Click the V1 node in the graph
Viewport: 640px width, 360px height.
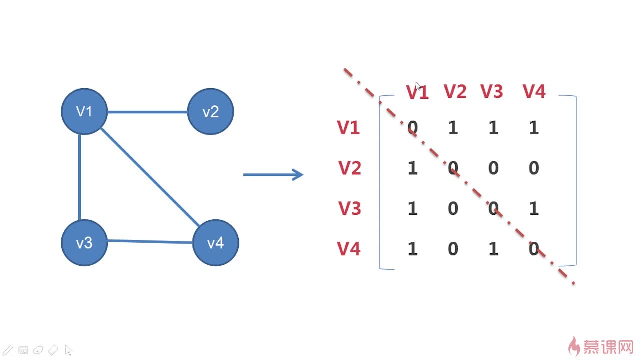[x=84, y=111]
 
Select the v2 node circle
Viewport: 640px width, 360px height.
[x=210, y=111]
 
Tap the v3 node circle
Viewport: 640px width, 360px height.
[x=84, y=243]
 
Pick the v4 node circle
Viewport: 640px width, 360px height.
[x=215, y=243]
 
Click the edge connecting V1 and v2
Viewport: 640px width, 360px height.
[x=147, y=112]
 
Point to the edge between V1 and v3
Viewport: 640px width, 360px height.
[x=80, y=177]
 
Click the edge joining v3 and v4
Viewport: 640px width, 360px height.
[x=150, y=242]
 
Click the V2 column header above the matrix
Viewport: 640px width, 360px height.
[x=455, y=91]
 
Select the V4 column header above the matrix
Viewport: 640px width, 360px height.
[x=534, y=91]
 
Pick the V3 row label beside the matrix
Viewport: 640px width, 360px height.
[x=350, y=208]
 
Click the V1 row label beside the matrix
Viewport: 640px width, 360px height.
[x=349, y=128]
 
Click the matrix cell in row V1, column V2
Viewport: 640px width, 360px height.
[x=453, y=128]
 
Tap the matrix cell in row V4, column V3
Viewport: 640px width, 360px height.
[x=493, y=249]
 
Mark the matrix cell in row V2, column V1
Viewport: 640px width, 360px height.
[x=412, y=168]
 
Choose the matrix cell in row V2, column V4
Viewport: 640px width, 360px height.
[x=534, y=168]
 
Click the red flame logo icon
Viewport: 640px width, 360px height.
[x=574, y=346]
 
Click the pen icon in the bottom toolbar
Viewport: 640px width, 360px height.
[x=8, y=350]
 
